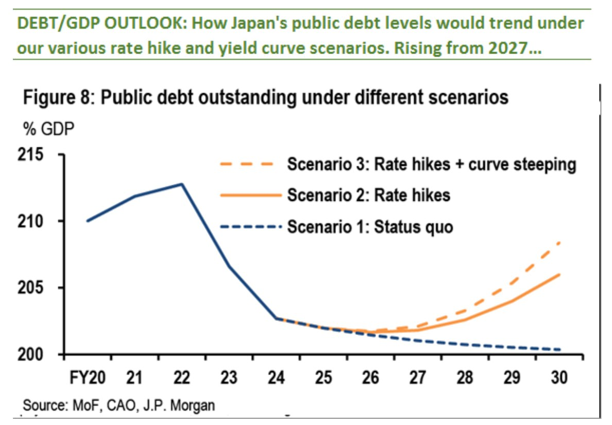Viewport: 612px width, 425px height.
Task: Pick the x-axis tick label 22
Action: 181,378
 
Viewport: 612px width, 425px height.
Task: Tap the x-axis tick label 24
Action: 276,378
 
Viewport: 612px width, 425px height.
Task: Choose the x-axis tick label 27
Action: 418,378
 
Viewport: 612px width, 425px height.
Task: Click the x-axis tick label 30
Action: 559,378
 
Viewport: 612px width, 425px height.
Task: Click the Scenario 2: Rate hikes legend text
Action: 368,196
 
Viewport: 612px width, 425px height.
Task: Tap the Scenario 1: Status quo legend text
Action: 370,227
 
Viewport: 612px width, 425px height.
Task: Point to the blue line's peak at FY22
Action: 182,184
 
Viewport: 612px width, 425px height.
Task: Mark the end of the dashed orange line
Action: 560,242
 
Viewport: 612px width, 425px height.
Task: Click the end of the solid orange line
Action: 560,275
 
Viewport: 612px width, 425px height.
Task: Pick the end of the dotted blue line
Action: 560,350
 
